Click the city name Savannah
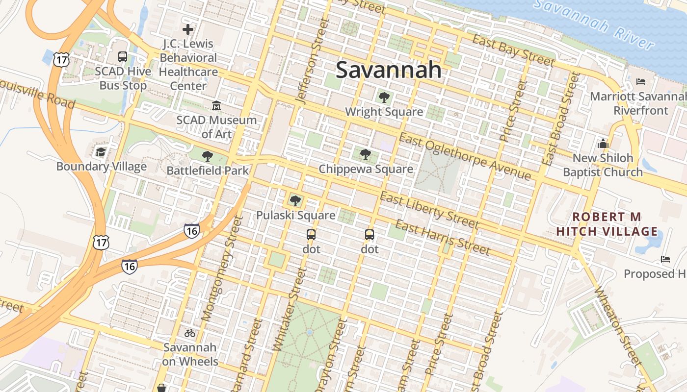(x=389, y=70)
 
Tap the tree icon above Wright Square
(x=384, y=97)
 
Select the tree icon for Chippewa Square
(x=365, y=154)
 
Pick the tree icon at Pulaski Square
(x=295, y=200)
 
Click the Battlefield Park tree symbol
(x=208, y=156)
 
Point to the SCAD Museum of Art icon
(x=216, y=105)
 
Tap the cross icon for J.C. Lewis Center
(x=188, y=29)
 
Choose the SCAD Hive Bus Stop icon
(x=123, y=57)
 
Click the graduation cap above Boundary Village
(x=101, y=152)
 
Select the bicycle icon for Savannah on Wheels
(x=190, y=333)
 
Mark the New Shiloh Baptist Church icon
(x=603, y=144)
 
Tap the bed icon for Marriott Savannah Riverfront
(x=640, y=81)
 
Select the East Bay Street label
(x=513, y=50)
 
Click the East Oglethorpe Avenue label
(x=464, y=156)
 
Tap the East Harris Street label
(x=442, y=238)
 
